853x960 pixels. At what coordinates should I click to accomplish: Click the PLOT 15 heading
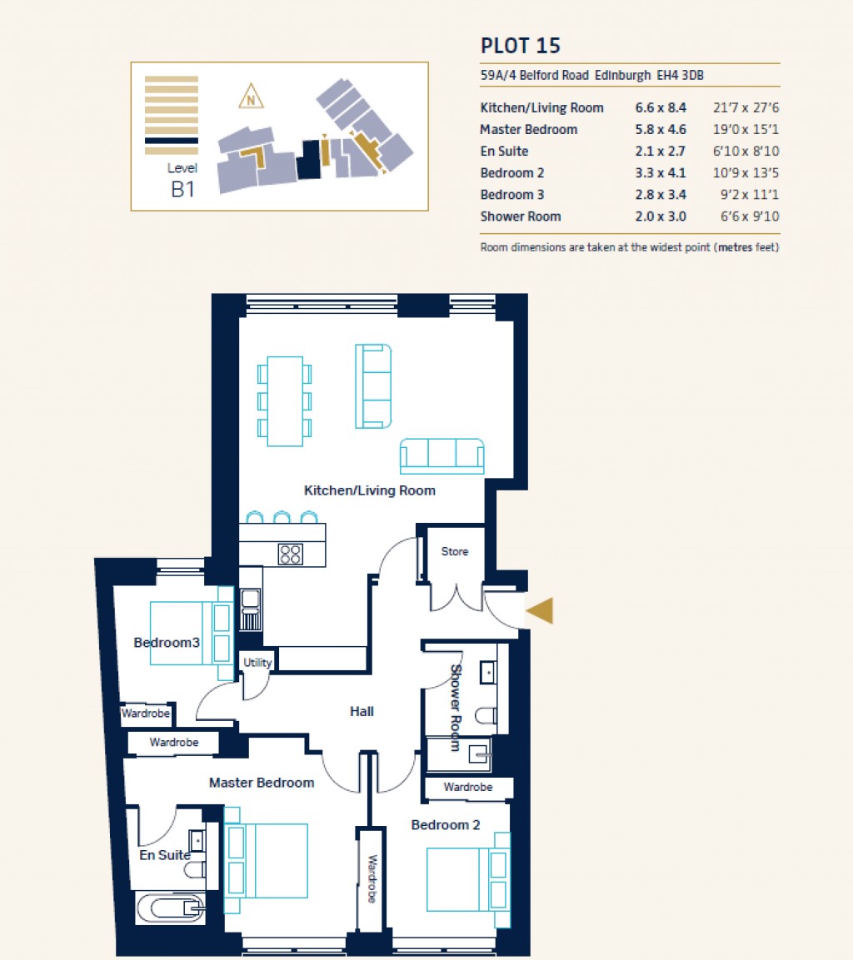point(526,45)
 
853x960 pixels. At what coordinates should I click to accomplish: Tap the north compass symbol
point(250,97)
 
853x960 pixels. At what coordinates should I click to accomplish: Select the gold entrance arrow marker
point(539,610)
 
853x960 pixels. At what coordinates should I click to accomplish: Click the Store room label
point(454,551)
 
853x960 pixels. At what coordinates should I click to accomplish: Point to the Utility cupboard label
point(257,663)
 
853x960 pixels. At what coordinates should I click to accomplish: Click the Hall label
point(362,711)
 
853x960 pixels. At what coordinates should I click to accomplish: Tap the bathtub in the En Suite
point(171,908)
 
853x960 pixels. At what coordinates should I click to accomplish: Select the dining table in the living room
point(285,400)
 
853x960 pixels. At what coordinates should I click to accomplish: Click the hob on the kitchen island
point(290,554)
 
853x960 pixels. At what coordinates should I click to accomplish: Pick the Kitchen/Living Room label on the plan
point(369,490)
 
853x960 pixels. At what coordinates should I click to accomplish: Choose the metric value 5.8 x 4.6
point(660,130)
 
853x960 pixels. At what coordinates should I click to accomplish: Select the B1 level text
point(182,189)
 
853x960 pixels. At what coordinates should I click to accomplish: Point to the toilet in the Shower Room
point(487,714)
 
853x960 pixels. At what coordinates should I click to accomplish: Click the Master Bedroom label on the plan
point(262,783)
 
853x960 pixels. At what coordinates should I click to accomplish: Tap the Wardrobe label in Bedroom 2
point(467,787)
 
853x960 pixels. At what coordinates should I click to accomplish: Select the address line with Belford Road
point(597,76)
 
